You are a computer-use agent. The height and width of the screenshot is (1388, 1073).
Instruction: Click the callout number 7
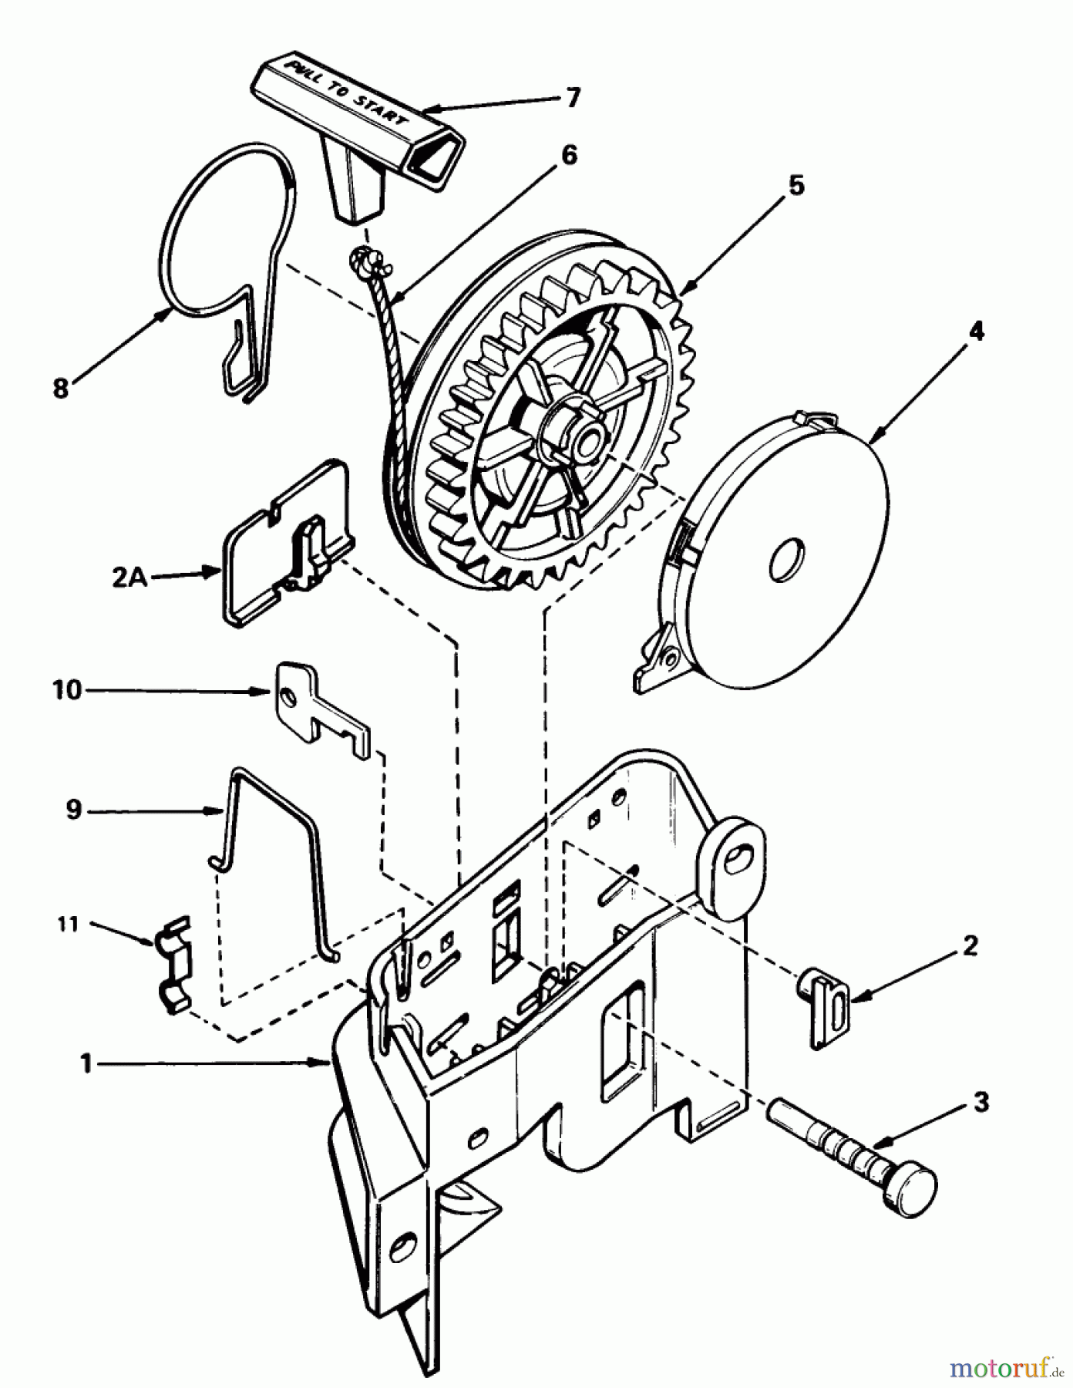click(x=572, y=99)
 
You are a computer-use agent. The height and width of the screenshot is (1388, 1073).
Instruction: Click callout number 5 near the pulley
click(x=795, y=185)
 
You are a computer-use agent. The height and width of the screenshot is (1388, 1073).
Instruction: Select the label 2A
click(x=129, y=578)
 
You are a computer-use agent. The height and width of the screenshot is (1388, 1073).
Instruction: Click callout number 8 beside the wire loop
click(x=61, y=388)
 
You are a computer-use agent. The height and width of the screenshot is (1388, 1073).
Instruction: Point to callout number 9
click(x=74, y=810)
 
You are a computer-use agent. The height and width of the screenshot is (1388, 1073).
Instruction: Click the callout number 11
click(x=69, y=923)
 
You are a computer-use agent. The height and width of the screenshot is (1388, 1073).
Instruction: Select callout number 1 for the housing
click(x=87, y=1064)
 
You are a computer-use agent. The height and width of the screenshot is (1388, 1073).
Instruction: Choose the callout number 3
click(x=980, y=1103)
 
